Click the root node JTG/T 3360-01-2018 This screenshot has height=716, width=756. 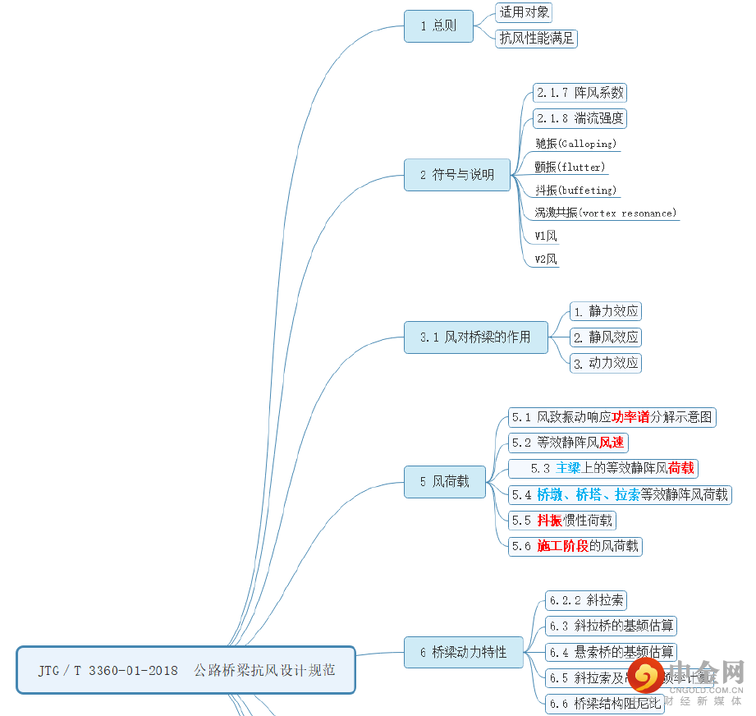point(186,670)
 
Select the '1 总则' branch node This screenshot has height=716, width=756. point(438,26)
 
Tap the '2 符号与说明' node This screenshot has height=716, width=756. point(456,175)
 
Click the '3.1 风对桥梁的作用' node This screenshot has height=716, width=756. point(475,337)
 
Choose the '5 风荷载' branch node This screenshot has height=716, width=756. point(444,482)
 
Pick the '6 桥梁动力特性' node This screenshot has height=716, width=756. point(463,653)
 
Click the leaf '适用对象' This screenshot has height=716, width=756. point(524,12)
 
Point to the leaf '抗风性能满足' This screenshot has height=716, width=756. point(537,39)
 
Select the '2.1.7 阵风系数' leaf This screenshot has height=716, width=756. point(580,93)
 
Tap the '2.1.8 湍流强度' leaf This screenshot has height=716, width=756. point(580,118)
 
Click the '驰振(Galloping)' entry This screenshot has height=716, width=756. point(575,144)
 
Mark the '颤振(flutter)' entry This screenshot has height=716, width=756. point(570,168)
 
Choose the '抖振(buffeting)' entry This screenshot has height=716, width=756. point(575,190)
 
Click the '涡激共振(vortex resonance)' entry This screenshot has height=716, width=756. point(606,213)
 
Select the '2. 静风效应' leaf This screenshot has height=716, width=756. point(606,337)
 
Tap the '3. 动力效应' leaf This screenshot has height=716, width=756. point(606,363)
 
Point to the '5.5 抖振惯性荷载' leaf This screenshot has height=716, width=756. point(562,521)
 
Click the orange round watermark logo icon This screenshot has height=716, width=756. point(648,677)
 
